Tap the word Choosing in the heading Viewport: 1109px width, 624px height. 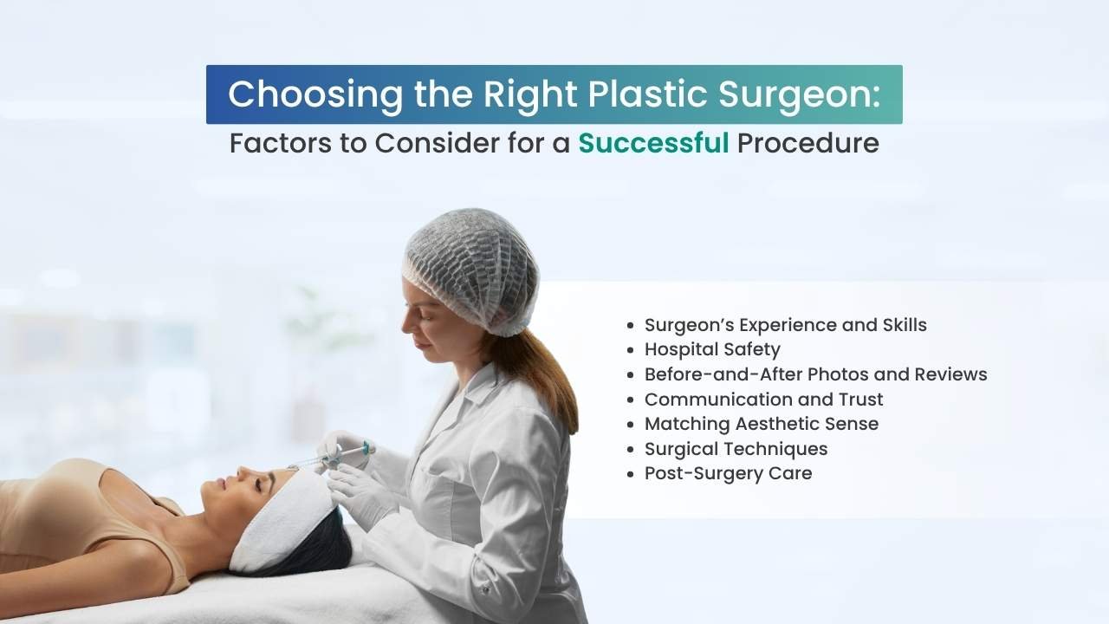click(x=315, y=95)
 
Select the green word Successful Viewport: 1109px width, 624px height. click(x=653, y=143)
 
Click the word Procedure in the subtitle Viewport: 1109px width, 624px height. click(x=808, y=143)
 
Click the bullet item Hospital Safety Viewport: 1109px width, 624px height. click(x=712, y=349)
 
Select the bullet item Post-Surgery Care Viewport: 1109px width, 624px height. click(x=728, y=473)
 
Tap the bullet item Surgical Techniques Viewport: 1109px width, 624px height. click(x=736, y=449)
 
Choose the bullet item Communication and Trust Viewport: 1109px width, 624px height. click(x=763, y=400)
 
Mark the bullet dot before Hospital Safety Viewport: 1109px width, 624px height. click(x=630, y=350)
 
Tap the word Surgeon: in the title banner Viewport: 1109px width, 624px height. click(x=799, y=95)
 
